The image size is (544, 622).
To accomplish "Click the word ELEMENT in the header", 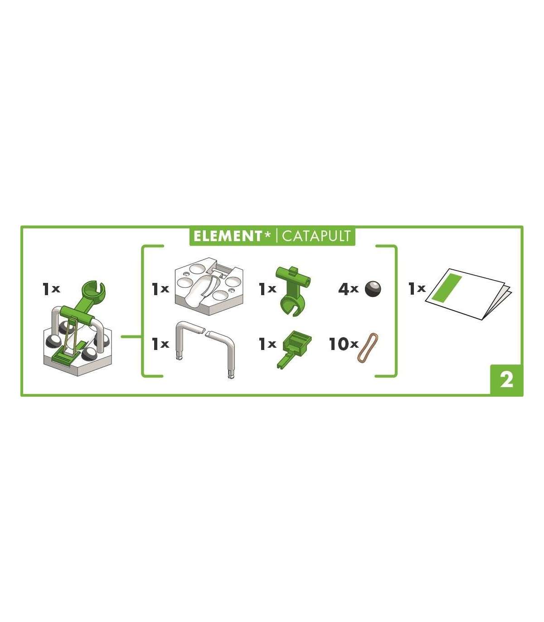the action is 228,236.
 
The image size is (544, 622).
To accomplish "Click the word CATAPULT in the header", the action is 316,236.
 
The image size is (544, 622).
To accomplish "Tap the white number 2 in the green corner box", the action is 506,380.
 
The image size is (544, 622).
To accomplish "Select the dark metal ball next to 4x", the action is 373,289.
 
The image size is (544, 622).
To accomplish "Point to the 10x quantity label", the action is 344,344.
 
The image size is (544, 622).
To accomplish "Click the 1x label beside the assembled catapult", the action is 51,289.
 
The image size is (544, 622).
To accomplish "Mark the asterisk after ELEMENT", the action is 267,234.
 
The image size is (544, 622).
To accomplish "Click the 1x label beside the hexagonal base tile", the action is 160,289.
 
